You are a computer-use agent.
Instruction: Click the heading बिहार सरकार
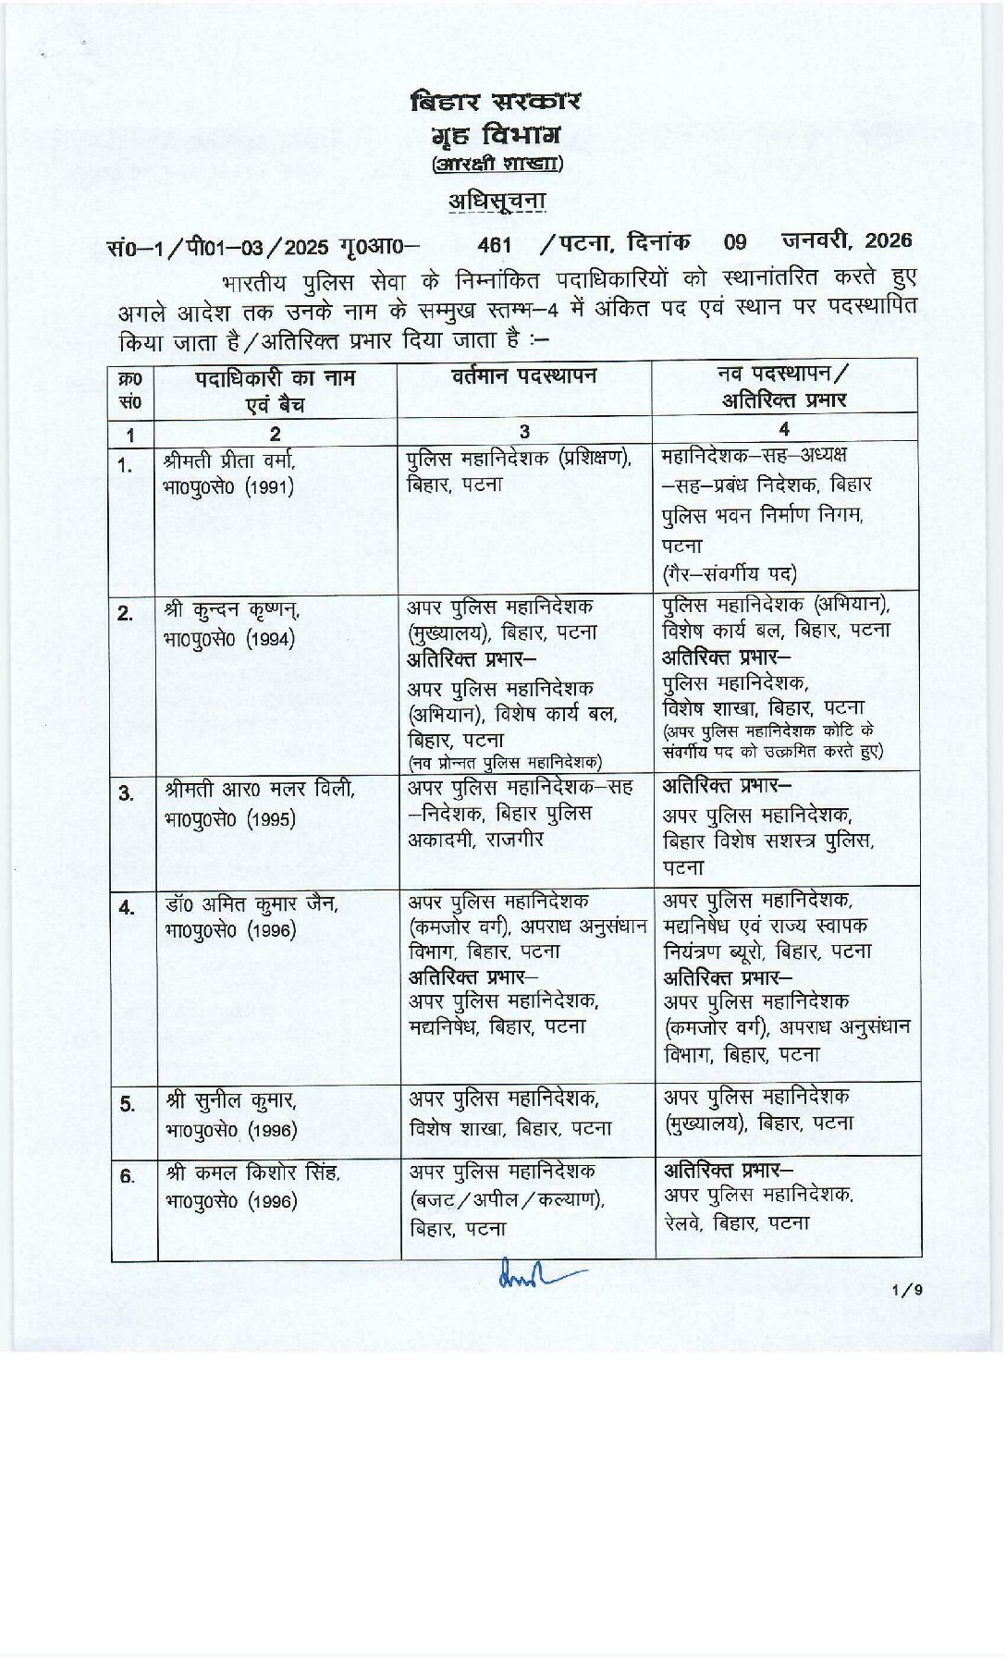[496, 102]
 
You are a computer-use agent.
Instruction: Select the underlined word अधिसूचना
[497, 202]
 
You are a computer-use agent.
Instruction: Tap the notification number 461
[495, 244]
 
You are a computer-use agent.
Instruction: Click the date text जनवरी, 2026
[846, 240]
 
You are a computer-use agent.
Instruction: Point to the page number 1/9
[907, 1290]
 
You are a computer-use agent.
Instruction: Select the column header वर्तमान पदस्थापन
[524, 375]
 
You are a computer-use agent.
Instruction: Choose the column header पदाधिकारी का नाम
[275, 378]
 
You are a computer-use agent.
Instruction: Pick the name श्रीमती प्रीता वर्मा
[229, 460]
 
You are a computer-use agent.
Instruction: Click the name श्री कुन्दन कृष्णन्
[231, 610]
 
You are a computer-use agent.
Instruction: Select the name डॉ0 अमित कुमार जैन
[251, 903]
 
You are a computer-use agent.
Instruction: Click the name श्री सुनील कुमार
[231, 1101]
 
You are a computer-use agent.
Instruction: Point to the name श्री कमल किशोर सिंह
[253, 1173]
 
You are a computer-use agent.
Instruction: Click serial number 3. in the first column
[126, 793]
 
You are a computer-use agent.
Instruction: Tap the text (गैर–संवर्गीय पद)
[729, 574]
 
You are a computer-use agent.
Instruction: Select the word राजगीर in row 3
[514, 840]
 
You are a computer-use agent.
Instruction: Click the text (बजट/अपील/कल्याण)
[507, 1200]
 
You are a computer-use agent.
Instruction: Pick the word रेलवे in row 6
[684, 1223]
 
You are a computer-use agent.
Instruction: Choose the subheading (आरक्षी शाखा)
[497, 164]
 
